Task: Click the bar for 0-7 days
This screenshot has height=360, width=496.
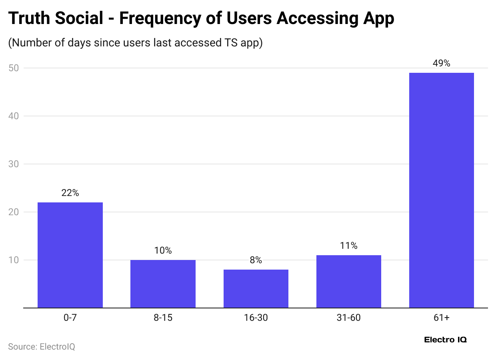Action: (x=70, y=255)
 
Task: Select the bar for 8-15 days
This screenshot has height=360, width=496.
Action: (x=163, y=284)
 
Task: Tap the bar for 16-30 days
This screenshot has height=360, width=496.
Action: (x=256, y=289)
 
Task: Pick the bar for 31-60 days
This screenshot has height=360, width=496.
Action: (x=348, y=282)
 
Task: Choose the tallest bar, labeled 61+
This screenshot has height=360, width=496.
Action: (x=441, y=190)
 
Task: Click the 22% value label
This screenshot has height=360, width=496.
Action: (x=70, y=193)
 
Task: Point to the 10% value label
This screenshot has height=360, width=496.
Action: (x=163, y=250)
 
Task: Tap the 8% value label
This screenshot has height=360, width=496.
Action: (x=256, y=260)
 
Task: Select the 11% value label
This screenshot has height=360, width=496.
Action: (x=348, y=246)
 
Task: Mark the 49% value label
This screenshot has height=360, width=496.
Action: (x=441, y=63)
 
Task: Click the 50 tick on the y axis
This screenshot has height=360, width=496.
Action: (x=14, y=68)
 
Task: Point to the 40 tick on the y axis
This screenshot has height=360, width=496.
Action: (x=14, y=116)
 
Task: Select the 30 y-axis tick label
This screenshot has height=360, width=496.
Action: (x=14, y=164)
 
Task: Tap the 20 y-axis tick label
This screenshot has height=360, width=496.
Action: (x=14, y=212)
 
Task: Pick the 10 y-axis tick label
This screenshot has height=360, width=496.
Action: (x=14, y=260)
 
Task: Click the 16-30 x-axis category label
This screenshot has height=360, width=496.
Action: (x=256, y=318)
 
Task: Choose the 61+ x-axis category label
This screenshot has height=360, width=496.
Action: (x=441, y=318)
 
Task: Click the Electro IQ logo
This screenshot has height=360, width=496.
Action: (x=445, y=340)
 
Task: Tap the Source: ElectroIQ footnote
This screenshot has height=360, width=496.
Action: (x=42, y=346)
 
